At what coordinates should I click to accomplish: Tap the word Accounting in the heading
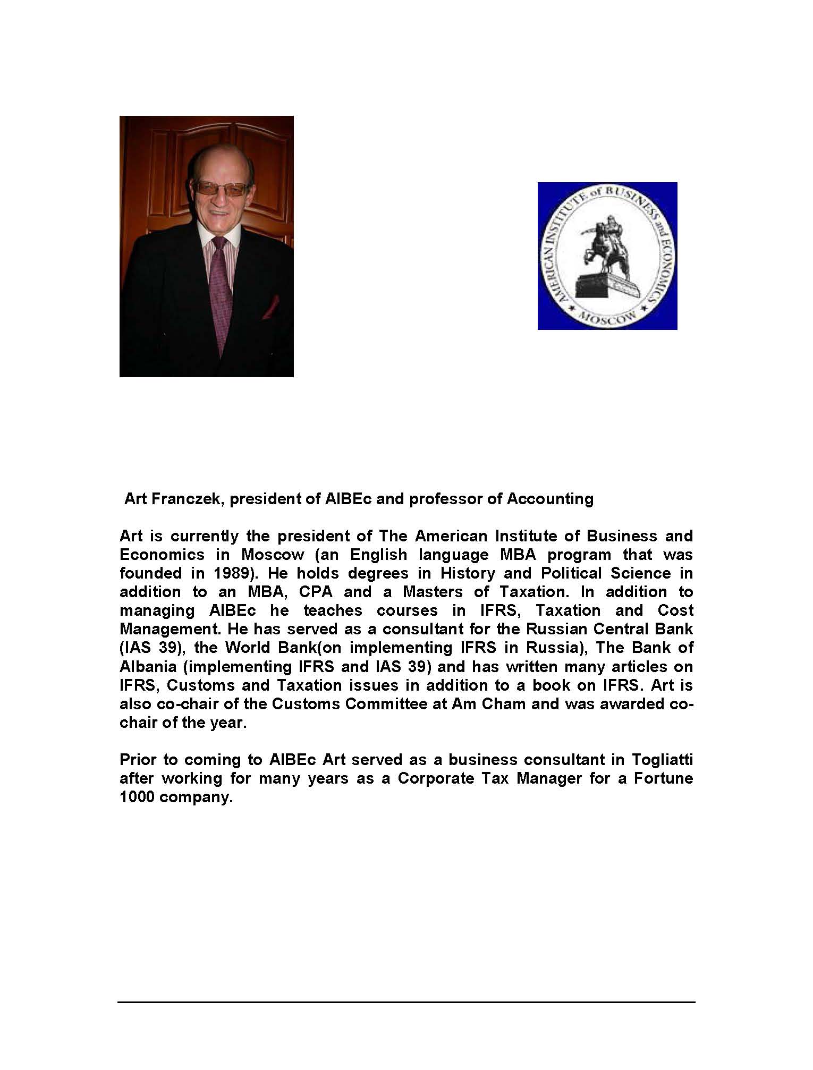pyautogui.click(x=550, y=499)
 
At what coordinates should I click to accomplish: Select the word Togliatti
pyautogui.click(x=663, y=760)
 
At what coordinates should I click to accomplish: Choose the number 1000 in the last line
pyautogui.click(x=137, y=797)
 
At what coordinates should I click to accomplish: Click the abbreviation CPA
pyautogui.click(x=316, y=592)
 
